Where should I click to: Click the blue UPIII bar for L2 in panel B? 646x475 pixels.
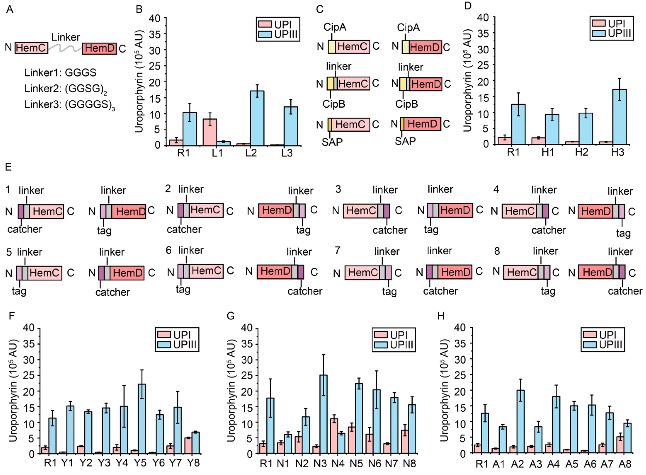(257, 118)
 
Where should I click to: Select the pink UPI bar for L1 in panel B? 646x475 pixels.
(210, 132)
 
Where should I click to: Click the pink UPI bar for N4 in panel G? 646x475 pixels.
(334, 436)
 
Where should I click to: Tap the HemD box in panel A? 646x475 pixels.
(99, 48)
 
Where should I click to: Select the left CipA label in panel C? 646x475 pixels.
(335, 27)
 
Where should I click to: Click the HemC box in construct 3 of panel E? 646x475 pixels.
(360, 211)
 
